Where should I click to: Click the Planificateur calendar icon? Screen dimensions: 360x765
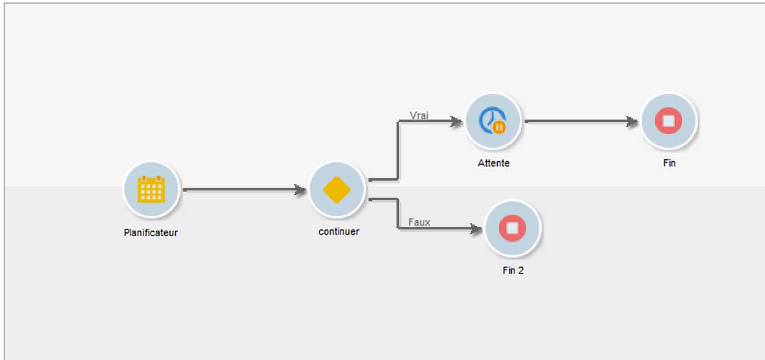tap(151, 189)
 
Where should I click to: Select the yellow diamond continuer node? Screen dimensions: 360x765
tap(337, 189)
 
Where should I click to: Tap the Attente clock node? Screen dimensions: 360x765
tap(493, 121)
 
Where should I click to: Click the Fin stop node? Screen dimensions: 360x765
tap(668, 121)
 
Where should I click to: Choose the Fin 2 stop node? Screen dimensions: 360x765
tap(512, 228)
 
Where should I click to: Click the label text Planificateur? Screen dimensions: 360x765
tap(151, 232)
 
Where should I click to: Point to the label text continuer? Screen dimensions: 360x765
tap(339, 232)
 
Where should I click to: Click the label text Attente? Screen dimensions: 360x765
tap(493, 164)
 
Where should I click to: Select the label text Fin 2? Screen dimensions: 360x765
tap(512, 271)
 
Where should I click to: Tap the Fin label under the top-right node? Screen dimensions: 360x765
tap(669, 164)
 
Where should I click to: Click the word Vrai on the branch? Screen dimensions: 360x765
tap(418, 115)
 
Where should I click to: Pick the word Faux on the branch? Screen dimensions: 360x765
tap(419, 223)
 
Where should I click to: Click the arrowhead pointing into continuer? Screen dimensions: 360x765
tap(301, 190)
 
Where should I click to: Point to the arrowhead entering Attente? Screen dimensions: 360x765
tap(457, 121)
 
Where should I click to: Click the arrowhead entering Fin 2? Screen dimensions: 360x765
tap(476, 229)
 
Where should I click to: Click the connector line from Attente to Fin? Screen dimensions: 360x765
tap(576, 121)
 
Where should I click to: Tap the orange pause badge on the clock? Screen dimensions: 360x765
tap(500, 127)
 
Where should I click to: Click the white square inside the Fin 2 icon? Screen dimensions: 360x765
tap(512, 228)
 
